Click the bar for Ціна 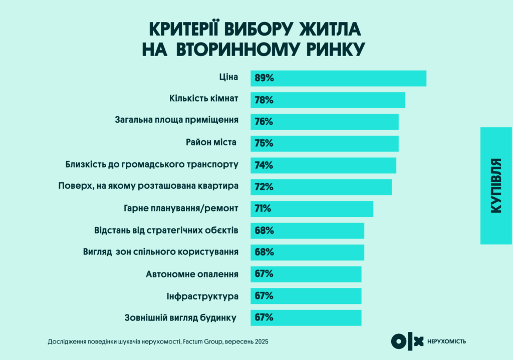point(338,79)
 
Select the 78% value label point(264,100)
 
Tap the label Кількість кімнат point(203,99)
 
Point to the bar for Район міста point(324,144)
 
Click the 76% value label point(264,122)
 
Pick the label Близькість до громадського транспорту point(152,164)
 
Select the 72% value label point(264,187)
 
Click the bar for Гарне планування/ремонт point(312,209)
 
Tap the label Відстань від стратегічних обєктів point(166,230)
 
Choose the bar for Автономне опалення point(306,274)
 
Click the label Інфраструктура point(202,296)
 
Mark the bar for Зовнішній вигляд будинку point(306,317)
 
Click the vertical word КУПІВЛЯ point(496,186)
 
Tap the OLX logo point(407,341)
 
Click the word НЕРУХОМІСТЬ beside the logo point(447,341)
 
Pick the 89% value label point(264,79)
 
